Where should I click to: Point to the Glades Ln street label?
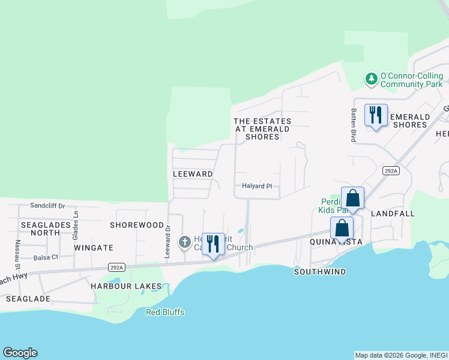[x=76, y=222]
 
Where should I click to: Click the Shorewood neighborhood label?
[x=137, y=225]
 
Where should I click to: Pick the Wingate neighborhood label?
[x=94, y=247]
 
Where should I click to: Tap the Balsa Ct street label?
[x=46, y=257]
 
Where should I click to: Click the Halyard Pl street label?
[x=257, y=186]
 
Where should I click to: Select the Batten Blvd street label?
[x=354, y=125]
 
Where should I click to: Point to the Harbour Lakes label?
[x=126, y=286]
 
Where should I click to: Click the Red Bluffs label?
[x=165, y=312]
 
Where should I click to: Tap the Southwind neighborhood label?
[x=320, y=272]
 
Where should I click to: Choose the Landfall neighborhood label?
[x=393, y=214]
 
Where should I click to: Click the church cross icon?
[x=185, y=242]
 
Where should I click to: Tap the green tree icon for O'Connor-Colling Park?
[x=372, y=78]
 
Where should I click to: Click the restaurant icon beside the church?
[x=212, y=244]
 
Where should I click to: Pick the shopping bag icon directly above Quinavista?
[x=342, y=228]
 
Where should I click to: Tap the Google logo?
[x=20, y=353]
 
